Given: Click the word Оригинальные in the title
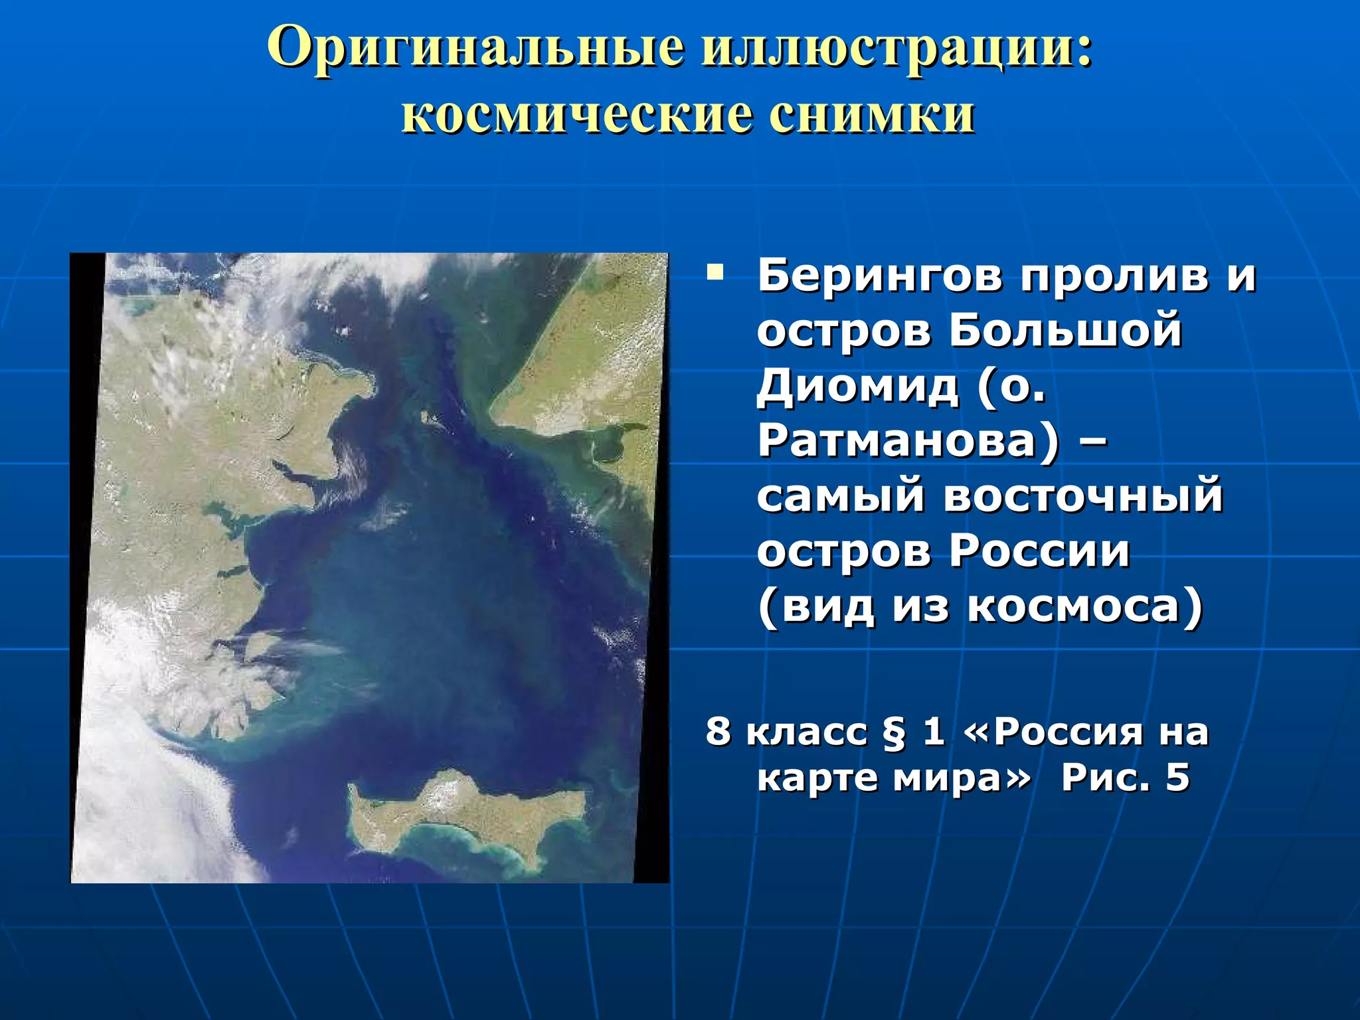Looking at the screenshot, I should [x=475, y=48].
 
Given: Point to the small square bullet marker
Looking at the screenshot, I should [x=715, y=272].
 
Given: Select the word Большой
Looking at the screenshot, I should [x=1065, y=330].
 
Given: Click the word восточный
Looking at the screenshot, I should [x=1082, y=495].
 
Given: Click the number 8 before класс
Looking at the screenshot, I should [x=717, y=732].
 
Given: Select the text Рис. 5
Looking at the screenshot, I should [x=1125, y=778].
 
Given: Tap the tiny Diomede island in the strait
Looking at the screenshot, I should [x=425, y=417].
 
